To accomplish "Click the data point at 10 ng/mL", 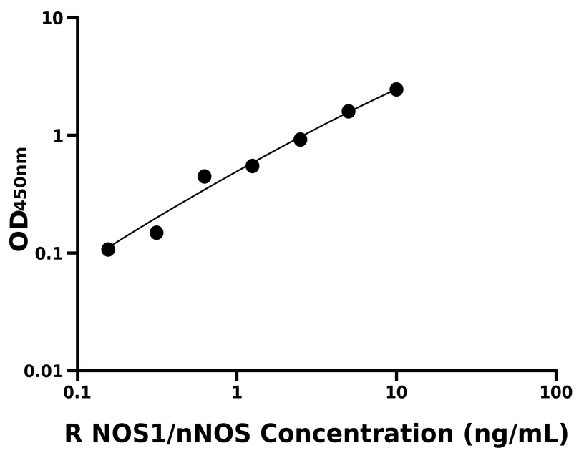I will pos(396,89).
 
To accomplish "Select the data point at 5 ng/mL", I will pos(349,111).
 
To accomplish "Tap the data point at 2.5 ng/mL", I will pos(301,140).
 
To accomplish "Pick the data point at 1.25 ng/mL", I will pos(252,166).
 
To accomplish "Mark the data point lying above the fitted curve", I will pos(205,176).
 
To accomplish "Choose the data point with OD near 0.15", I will pos(157,233).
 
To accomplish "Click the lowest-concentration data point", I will pos(108,249).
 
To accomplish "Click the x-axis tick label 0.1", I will pos(77,392).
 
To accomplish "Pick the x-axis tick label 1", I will pos(236,392).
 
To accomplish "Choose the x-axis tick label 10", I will pos(396,392).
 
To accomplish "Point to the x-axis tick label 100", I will pos(556,392).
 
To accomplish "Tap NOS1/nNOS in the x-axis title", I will pos(172,434).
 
